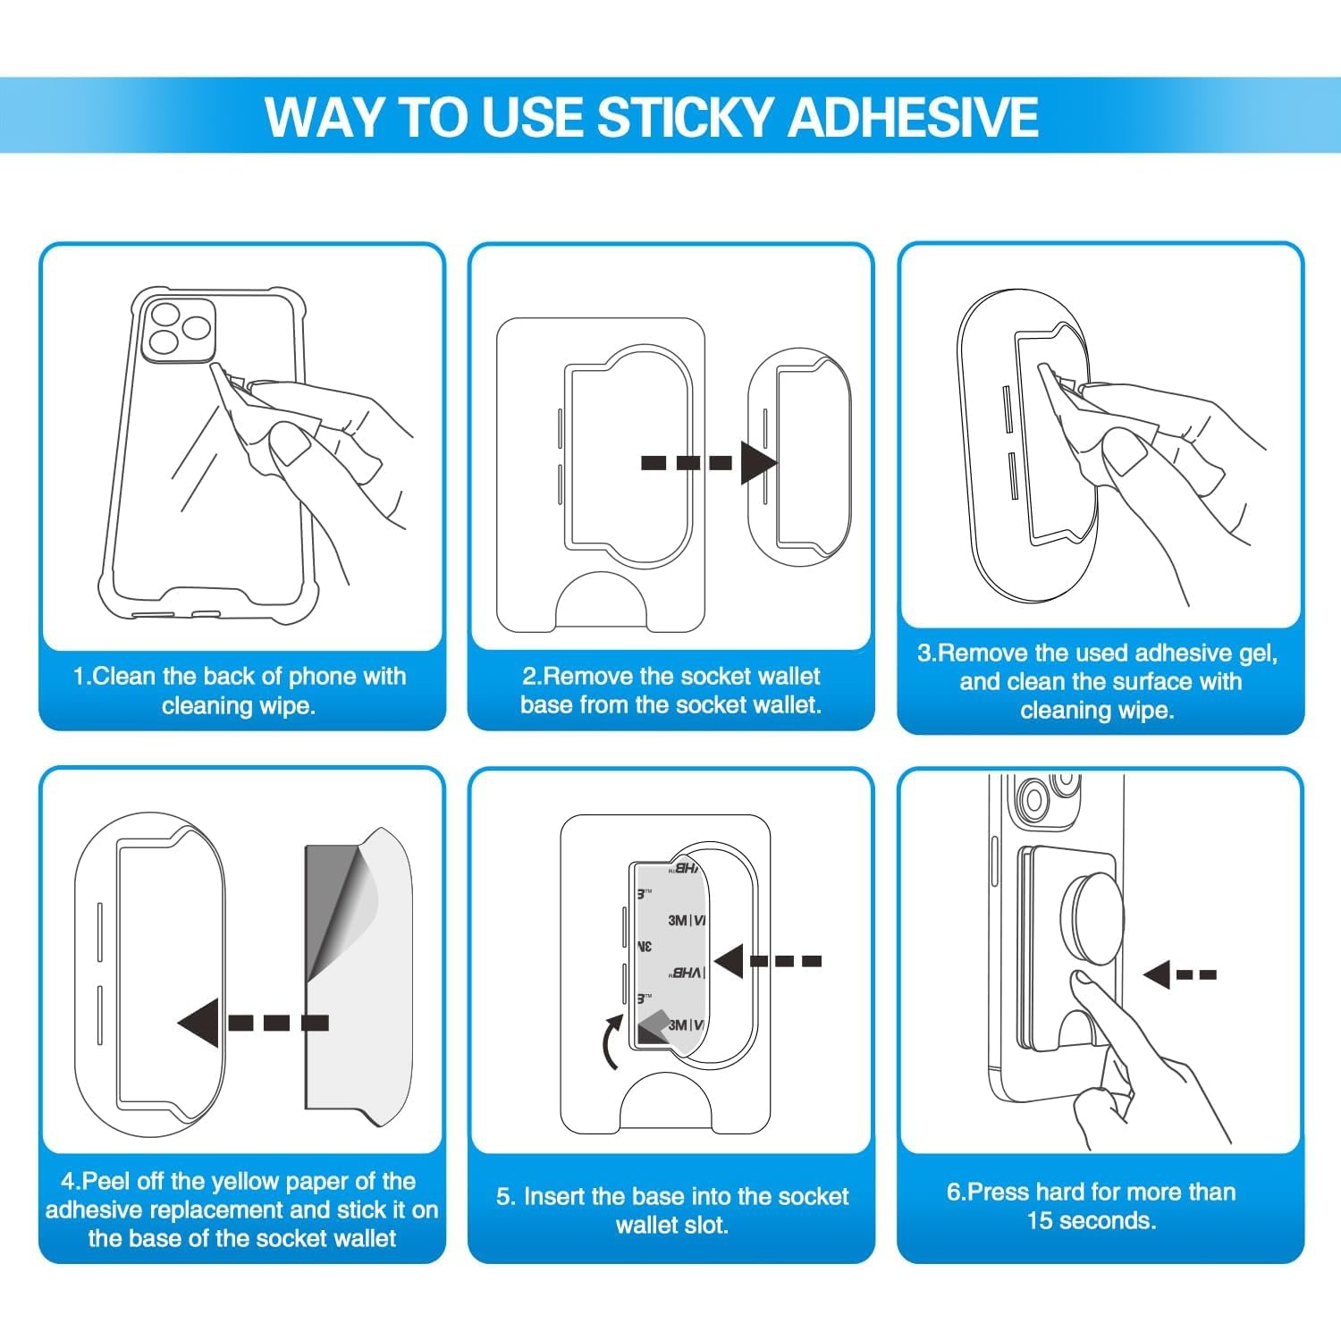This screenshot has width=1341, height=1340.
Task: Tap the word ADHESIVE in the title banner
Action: click(x=913, y=118)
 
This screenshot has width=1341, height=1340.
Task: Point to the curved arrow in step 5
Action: click(x=612, y=1042)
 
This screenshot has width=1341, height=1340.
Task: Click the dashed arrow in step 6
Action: click(x=1179, y=974)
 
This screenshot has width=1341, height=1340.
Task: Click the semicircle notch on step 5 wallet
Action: click(x=666, y=1105)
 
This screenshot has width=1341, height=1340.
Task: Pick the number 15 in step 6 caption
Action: click(x=1040, y=1221)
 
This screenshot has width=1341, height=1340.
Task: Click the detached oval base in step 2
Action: click(x=798, y=460)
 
